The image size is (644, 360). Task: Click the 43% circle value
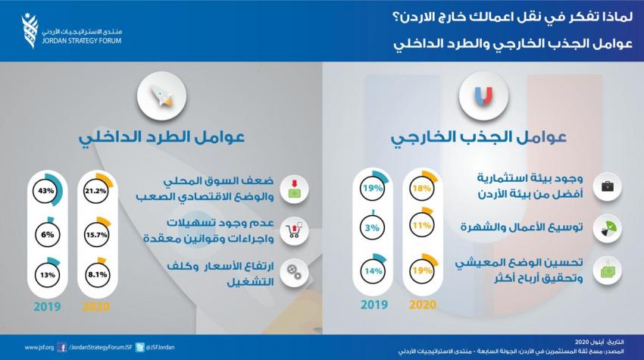click(46, 191)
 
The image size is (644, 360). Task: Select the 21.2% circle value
click(95, 191)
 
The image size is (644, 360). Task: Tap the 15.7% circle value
click(96, 235)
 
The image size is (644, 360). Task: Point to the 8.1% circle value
click(97, 274)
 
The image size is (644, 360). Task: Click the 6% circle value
click(47, 235)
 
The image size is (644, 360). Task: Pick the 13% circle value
click(48, 274)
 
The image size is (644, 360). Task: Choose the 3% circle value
click(372, 227)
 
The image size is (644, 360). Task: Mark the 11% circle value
click(422, 225)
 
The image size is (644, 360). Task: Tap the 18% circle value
click(422, 188)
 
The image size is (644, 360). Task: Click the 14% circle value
click(374, 271)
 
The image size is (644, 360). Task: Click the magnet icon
click(483, 95)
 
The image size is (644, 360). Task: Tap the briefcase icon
click(608, 187)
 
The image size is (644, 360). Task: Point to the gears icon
click(294, 272)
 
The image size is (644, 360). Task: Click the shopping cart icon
click(294, 231)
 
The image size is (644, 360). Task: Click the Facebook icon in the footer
click(62, 348)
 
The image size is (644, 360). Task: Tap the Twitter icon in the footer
click(140, 348)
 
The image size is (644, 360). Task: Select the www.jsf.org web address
click(39, 348)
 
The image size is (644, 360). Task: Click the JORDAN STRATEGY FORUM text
click(82, 41)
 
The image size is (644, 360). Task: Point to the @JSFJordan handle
click(161, 347)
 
